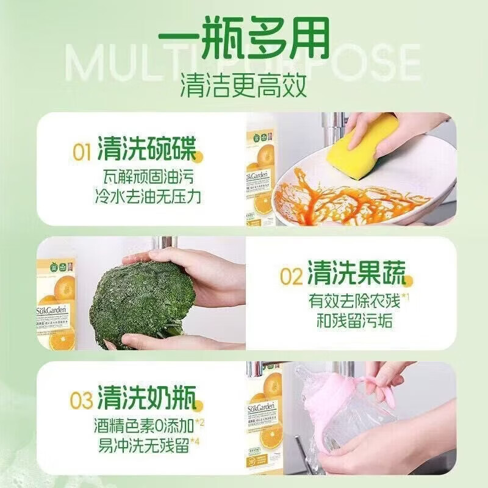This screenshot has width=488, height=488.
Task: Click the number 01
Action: [x=83, y=151]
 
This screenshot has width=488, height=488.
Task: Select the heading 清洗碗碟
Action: [x=146, y=150]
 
